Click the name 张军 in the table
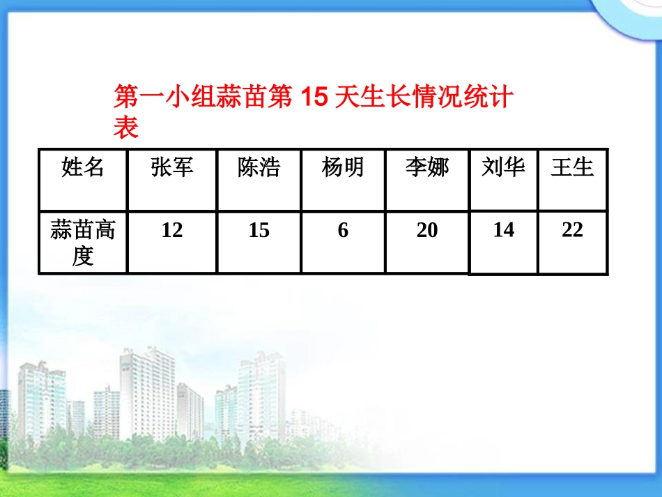172,167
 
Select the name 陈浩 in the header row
259,167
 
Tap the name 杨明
343,167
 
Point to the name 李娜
427,167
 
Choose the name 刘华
503,167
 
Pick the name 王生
572,167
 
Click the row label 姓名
82,167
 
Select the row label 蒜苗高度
82,243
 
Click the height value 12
172,230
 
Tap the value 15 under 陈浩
259,230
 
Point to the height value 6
343,230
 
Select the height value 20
427,230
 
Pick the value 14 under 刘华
503,230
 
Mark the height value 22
572,230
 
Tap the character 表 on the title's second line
125,128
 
